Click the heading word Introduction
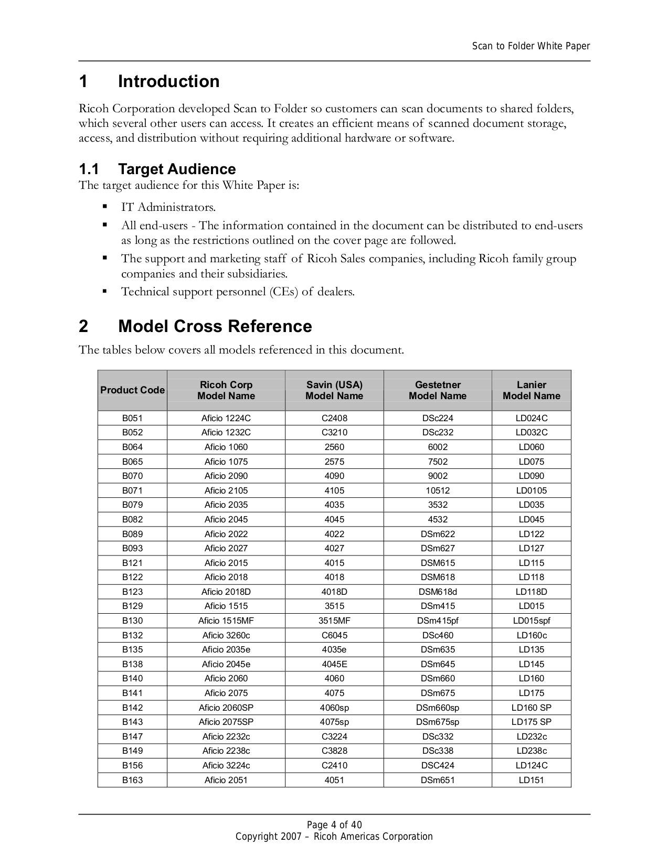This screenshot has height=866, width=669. (x=168, y=82)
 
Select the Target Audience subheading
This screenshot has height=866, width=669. (x=176, y=169)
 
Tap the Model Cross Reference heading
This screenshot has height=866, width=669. (x=215, y=327)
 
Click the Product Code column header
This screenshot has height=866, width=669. (x=132, y=390)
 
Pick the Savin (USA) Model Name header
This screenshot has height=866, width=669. (x=334, y=390)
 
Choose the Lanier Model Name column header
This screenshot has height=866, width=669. (x=531, y=390)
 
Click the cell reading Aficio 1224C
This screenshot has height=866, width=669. (x=226, y=419)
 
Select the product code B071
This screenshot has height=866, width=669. (x=132, y=491)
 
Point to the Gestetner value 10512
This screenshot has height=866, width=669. (x=438, y=491)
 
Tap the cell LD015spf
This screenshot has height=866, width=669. (x=531, y=621)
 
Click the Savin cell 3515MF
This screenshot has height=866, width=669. (x=334, y=621)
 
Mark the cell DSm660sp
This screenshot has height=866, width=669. (x=438, y=708)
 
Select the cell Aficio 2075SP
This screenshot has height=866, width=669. (x=226, y=722)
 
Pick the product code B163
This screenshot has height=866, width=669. (x=132, y=780)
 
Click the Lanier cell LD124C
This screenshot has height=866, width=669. (x=531, y=766)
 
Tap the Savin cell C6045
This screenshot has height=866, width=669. (x=334, y=636)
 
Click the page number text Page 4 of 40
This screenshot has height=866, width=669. (x=334, y=825)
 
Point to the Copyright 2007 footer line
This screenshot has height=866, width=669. (x=334, y=837)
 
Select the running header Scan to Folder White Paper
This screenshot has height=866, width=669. (x=530, y=46)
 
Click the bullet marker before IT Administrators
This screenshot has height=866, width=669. (x=105, y=207)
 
